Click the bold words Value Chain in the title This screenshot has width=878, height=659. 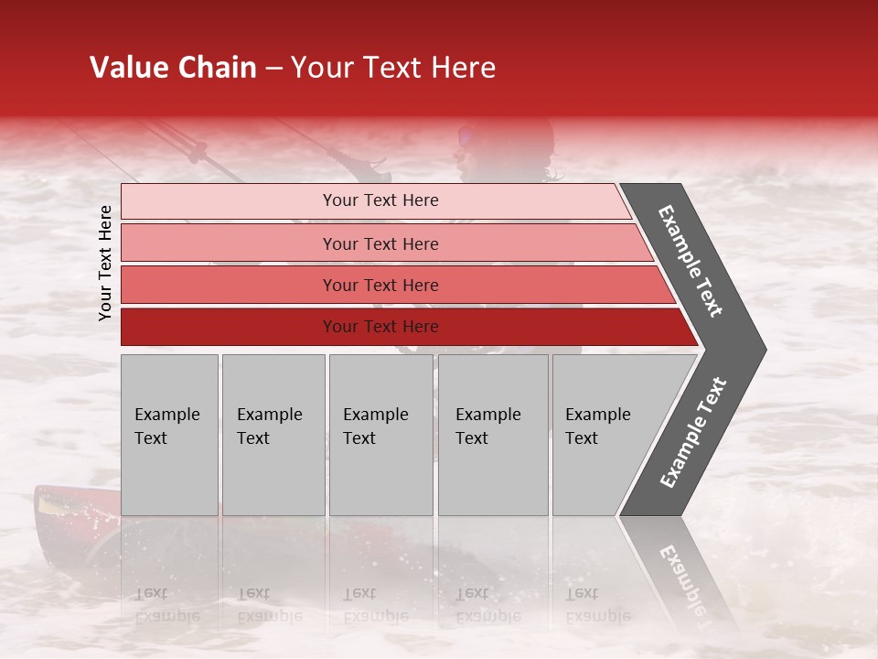point(173,68)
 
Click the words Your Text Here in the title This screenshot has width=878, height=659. point(393,68)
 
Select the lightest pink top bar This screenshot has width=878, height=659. point(229,201)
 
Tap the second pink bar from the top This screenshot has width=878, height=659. point(229,243)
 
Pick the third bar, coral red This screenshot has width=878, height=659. point(229,285)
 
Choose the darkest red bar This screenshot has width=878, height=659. point(229,327)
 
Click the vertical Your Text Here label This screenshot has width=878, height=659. point(105,263)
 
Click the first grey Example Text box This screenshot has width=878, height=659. point(169,435)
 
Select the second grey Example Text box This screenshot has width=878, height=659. point(273,435)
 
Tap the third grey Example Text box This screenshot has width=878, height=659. point(380,435)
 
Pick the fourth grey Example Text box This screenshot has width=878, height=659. point(492,435)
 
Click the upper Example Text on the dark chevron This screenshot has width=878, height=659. point(691,261)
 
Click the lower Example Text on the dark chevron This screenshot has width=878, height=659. point(693,432)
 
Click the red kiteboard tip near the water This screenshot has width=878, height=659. point(55,503)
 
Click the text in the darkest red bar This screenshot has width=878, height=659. point(380,327)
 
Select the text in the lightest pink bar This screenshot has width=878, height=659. point(380,200)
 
